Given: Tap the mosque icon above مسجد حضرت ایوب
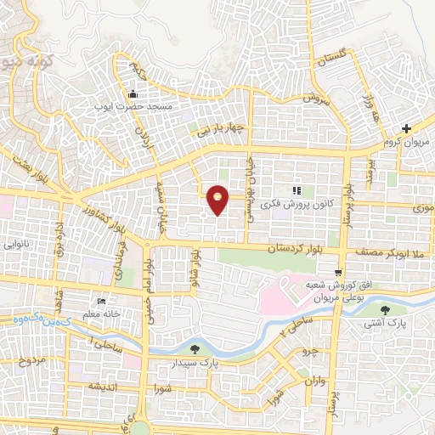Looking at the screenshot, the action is pyautogui.click(x=133, y=93).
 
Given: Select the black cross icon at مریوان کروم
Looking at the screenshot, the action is pyautogui.click(x=406, y=129).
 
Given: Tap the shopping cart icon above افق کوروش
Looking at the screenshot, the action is pyautogui.click(x=338, y=272).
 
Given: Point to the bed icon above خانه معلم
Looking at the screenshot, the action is pyautogui.click(x=102, y=301).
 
